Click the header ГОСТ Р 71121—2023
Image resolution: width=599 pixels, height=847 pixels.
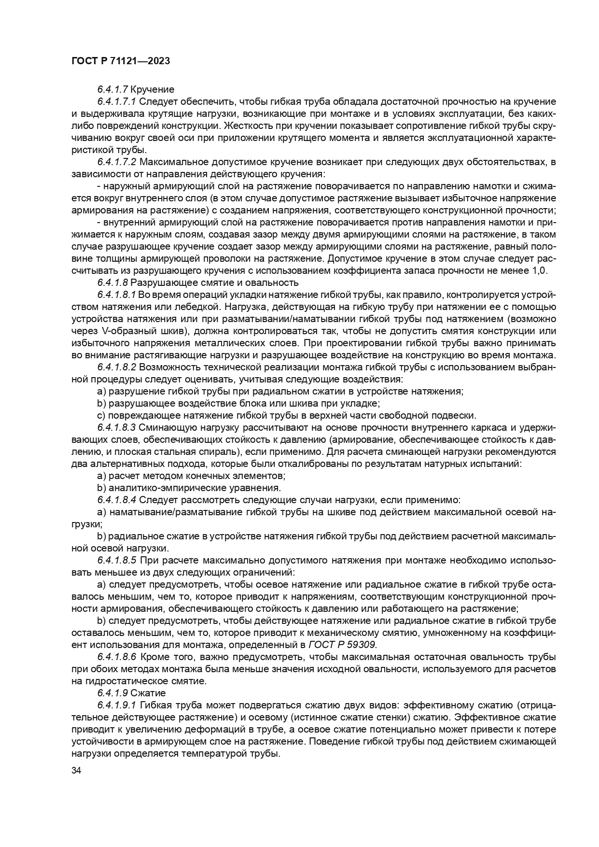(x=121, y=61)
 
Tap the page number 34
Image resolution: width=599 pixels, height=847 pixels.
(x=76, y=771)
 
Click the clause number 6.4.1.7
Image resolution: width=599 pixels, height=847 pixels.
(x=112, y=89)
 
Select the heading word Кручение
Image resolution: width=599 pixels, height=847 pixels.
(x=153, y=89)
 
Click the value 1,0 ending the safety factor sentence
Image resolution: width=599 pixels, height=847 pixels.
(x=539, y=270)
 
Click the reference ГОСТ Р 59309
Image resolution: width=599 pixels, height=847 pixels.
(x=342, y=645)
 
